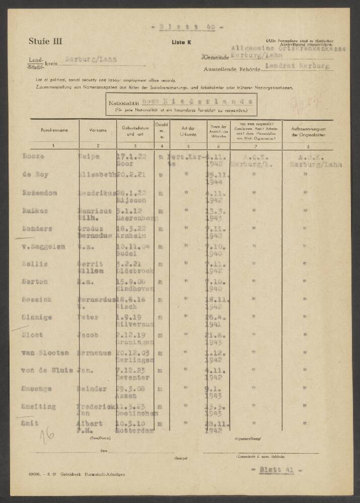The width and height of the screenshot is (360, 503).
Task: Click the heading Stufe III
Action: (46, 42)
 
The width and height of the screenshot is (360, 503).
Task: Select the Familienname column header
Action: (53, 130)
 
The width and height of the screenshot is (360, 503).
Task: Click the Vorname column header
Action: (98, 130)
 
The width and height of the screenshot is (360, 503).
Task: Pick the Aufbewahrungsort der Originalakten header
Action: (303, 132)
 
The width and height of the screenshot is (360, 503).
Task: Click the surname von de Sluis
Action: (47, 371)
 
